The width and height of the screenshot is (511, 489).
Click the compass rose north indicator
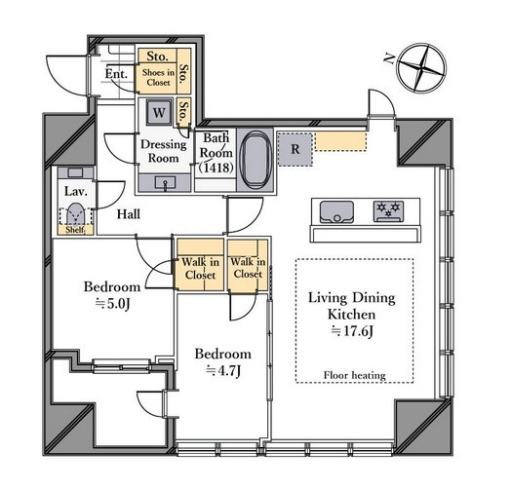(422, 68)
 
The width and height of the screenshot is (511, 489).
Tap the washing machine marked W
(159, 112)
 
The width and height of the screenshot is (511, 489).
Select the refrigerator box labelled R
(295, 149)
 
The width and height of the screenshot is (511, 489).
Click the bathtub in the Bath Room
(255, 160)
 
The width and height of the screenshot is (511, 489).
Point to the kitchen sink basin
(336, 212)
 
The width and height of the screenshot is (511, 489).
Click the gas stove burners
(388, 211)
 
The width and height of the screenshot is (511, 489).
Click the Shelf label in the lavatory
(75, 230)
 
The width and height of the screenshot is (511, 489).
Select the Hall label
(129, 214)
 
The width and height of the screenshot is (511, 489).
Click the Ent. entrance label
(116, 74)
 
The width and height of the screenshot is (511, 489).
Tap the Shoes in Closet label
(158, 77)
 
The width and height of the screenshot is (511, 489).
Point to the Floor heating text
(355, 375)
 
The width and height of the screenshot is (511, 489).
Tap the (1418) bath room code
(216, 168)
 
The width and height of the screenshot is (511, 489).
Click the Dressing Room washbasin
(165, 183)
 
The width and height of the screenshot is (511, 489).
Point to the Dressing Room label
(164, 151)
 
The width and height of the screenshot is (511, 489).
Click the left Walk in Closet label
(200, 268)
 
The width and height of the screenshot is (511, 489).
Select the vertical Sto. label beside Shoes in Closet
(184, 73)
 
